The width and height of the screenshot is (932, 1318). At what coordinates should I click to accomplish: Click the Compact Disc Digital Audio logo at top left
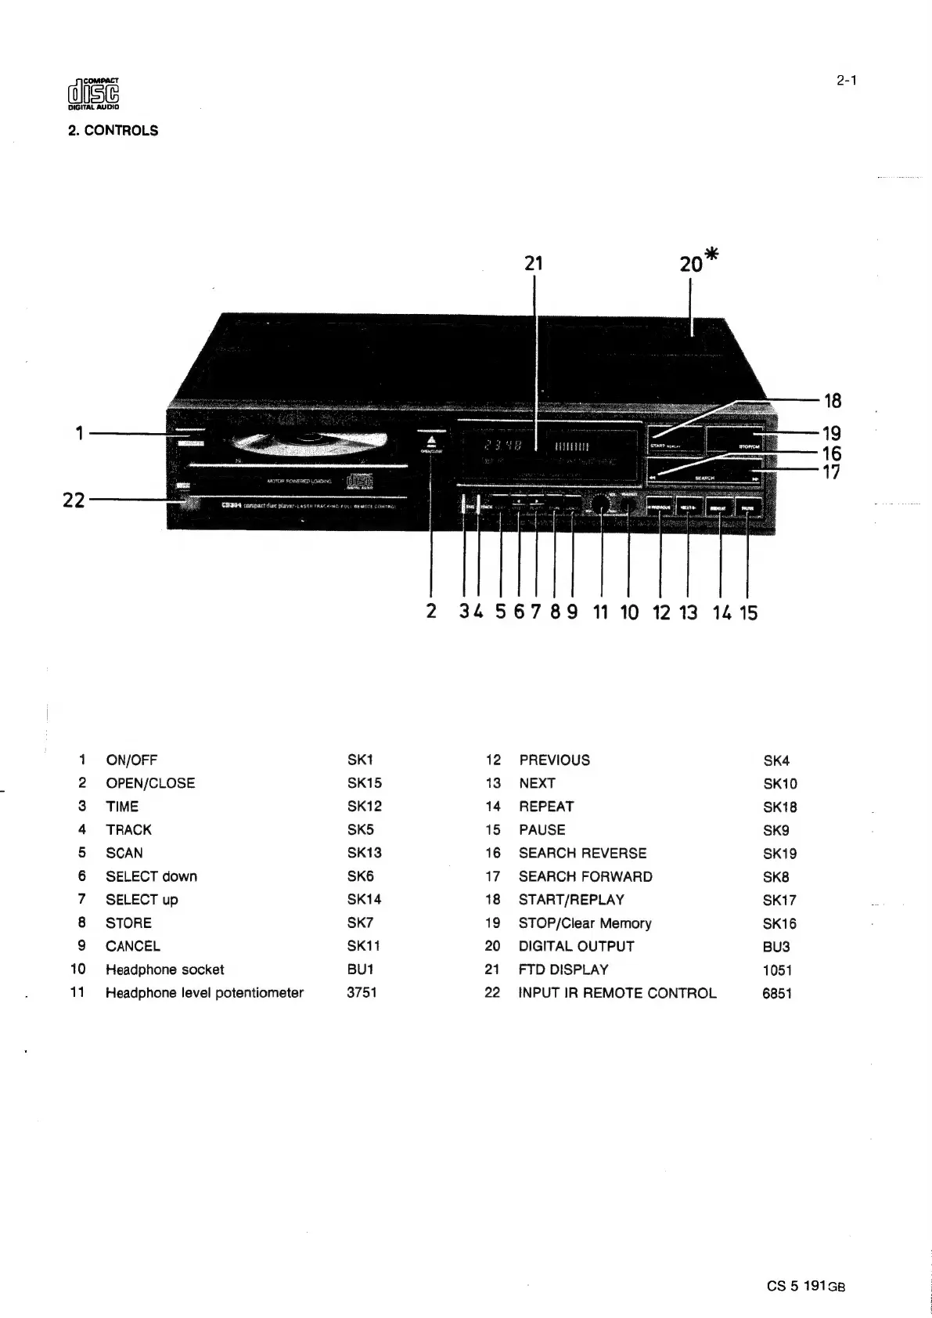tap(93, 95)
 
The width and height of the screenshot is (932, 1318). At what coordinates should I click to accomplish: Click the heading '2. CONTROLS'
tap(113, 131)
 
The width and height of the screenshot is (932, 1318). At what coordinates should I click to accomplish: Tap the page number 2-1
tap(846, 79)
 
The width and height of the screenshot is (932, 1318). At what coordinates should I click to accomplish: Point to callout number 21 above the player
tap(534, 263)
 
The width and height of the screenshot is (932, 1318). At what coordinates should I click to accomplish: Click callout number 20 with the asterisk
tap(698, 261)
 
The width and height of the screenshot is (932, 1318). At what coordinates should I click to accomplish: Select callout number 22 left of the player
tap(74, 500)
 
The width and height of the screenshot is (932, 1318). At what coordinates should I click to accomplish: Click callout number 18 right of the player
tap(833, 401)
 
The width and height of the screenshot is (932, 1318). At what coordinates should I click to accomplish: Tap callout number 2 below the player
tap(431, 612)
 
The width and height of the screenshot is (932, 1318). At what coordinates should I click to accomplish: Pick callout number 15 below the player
tap(749, 612)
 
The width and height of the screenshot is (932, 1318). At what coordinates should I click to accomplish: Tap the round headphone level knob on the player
tap(601, 505)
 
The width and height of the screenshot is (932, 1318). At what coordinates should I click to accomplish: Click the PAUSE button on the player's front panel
tap(748, 507)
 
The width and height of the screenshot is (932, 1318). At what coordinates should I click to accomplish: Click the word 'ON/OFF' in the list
tap(131, 760)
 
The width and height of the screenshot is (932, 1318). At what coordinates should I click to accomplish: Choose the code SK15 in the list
tap(364, 783)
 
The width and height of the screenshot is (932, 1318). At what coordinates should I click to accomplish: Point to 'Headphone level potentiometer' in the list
tap(204, 992)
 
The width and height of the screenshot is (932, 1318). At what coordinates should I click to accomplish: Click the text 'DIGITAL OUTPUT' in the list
tap(576, 946)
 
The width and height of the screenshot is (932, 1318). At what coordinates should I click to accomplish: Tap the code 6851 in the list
tap(777, 993)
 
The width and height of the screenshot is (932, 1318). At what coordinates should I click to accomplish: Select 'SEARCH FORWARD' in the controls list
tap(585, 876)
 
